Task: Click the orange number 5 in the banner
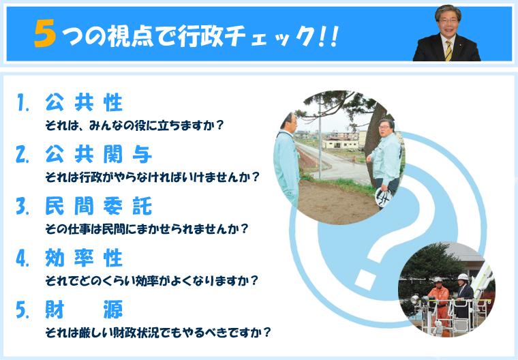(x=45, y=33)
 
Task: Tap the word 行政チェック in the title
(x=245, y=35)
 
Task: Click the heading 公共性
(x=84, y=102)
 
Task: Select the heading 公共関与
(x=98, y=154)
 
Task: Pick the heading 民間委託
(x=98, y=206)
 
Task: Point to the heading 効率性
(x=84, y=258)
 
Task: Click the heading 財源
(x=84, y=310)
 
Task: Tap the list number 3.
(x=22, y=206)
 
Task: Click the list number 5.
(x=22, y=310)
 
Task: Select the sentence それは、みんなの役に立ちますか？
(x=134, y=125)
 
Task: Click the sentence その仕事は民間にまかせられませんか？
(x=147, y=229)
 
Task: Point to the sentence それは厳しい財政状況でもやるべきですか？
(x=158, y=332)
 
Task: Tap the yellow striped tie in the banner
(x=448, y=50)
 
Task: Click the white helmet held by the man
(x=384, y=197)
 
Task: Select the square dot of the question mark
(x=366, y=280)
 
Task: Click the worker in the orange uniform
(x=439, y=303)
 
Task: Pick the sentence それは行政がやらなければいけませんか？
(x=152, y=177)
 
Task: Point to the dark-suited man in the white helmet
(x=464, y=295)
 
